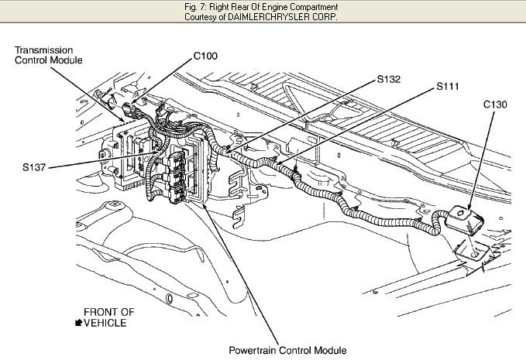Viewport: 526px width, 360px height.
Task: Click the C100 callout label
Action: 205,56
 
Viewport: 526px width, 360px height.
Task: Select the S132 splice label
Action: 389,79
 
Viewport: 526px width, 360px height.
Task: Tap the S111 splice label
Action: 448,87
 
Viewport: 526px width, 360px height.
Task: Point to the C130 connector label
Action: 495,105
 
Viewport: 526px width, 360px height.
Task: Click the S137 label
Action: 34,167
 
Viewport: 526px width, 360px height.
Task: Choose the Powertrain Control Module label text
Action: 287,350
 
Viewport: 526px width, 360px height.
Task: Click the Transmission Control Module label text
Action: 49,55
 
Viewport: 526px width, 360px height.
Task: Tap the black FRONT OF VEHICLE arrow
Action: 78,323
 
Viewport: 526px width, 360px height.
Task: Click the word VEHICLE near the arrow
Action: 105,323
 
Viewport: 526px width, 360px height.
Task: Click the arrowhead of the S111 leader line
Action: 278,163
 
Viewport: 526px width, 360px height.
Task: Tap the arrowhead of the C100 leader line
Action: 133,101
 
